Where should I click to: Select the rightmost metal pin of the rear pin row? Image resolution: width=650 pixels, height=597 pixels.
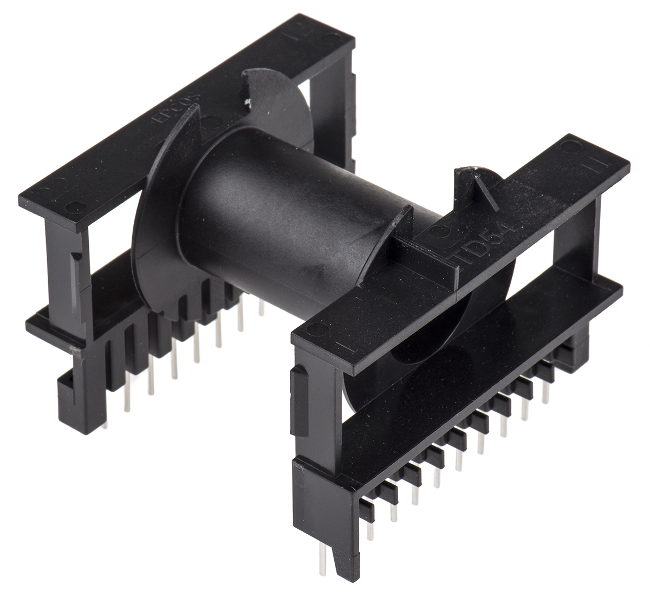pyautogui.click(x=261, y=309)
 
